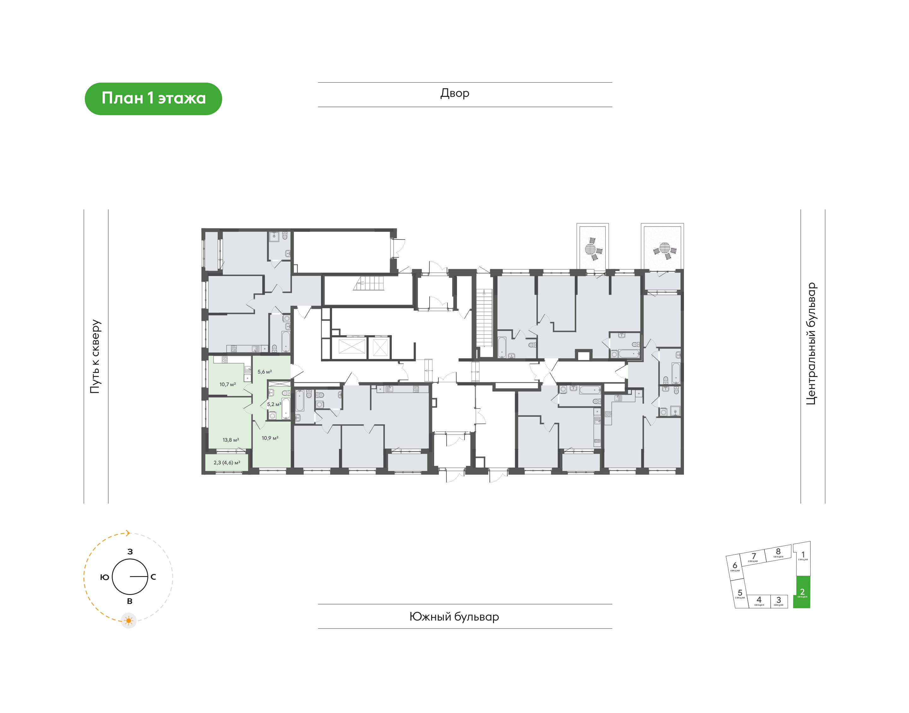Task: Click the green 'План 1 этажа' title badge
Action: click(153, 98)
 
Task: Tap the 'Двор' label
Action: click(455, 93)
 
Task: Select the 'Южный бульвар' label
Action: click(454, 616)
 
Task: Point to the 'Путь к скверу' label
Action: click(96, 356)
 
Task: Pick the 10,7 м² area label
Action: click(228, 385)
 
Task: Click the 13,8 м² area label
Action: click(230, 440)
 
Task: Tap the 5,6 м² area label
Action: click(265, 372)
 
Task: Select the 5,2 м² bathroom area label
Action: click(274, 404)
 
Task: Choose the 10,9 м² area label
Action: click(270, 438)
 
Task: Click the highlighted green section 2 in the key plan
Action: click(802, 592)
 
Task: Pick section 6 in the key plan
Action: click(735, 567)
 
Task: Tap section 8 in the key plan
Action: click(778, 553)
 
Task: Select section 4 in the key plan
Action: click(759, 601)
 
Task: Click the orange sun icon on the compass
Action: click(128, 621)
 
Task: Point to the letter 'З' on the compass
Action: click(130, 551)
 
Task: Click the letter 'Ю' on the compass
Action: click(104, 577)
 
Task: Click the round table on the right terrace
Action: click(665, 247)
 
